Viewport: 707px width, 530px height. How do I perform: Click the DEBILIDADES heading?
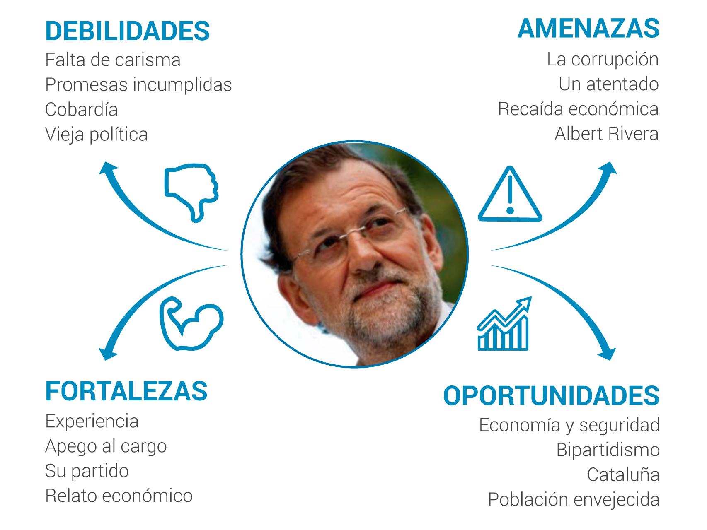click(127, 31)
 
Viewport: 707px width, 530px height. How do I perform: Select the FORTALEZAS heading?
click(126, 391)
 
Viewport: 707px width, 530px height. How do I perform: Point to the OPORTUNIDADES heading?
click(551, 395)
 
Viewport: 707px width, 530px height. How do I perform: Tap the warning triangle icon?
click(510, 195)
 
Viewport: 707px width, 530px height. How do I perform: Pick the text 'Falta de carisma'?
click(113, 60)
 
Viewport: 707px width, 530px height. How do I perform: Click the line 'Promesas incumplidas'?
click(138, 85)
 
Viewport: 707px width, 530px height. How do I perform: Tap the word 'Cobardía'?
click(81, 110)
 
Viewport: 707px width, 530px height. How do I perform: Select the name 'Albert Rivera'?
click(606, 134)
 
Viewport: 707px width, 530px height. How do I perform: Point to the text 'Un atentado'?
click(608, 84)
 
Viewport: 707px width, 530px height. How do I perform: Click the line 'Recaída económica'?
click(578, 109)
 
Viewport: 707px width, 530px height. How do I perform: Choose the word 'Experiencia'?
click(92, 422)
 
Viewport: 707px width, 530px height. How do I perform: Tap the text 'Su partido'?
click(87, 471)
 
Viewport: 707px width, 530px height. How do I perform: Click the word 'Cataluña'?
click(623, 475)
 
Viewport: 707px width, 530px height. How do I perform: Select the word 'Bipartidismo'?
click(608, 450)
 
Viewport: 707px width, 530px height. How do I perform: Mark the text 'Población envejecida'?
click(574, 500)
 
